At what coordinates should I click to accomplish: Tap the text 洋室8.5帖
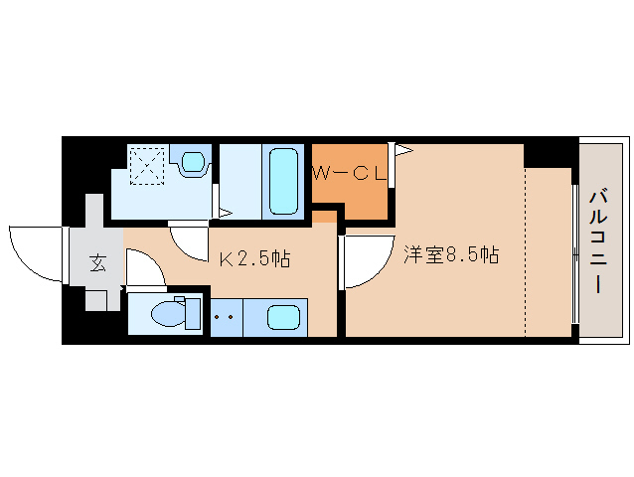click(450, 254)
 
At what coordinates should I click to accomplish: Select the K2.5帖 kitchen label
click(254, 259)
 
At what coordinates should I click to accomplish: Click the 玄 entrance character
click(97, 263)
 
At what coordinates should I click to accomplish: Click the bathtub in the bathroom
click(283, 181)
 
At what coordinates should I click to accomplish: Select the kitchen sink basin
click(283, 319)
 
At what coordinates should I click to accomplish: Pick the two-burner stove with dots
click(225, 319)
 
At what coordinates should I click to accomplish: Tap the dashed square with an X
click(148, 165)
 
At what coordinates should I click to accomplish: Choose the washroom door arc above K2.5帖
click(187, 241)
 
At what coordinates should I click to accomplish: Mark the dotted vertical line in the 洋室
click(525, 248)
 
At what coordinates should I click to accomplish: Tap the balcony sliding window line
click(574, 253)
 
